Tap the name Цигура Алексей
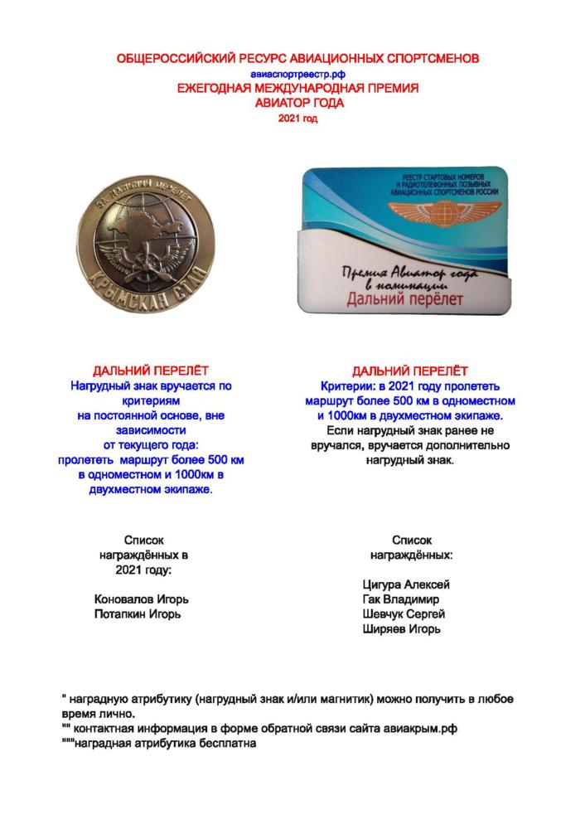tap(406, 584)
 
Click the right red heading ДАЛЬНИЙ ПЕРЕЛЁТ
tap(409, 371)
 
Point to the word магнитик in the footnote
tap(360, 698)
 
